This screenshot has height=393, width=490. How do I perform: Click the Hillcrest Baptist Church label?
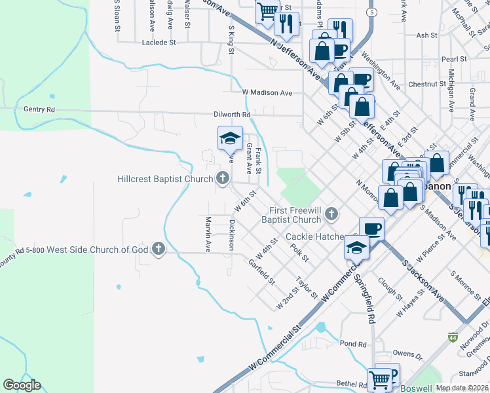click(x=165, y=179)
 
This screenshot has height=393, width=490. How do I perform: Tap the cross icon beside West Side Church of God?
click(x=158, y=249)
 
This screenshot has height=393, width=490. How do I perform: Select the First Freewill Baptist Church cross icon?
click(x=332, y=214)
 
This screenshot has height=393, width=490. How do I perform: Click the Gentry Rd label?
click(x=39, y=109)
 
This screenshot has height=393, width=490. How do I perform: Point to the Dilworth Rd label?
click(x=232, y=114)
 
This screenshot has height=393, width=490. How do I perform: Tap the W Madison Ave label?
click(x=267, y=93)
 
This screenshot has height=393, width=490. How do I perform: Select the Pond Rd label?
click(x=352, y=343)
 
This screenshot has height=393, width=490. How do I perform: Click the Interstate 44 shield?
click(x=453, y=337)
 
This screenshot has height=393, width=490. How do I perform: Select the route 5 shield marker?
click(x=372, y=12)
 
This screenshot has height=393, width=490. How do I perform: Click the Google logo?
click(x=22, y=385)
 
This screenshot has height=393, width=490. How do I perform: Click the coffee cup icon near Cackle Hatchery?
click(x=371, y=229)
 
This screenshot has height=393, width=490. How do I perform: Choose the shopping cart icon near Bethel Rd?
click(x=380, y=378)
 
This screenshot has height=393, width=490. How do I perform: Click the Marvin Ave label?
click(x=208, y=234)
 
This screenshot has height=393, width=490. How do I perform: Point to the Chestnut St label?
click(x=426, y=84)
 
